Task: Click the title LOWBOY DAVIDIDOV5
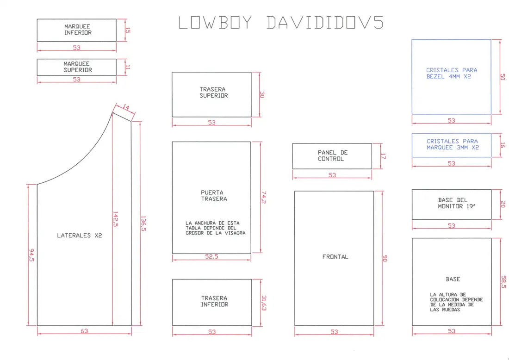point(281,23)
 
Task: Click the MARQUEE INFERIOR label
point(78,30)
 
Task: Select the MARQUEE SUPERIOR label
point(78,67)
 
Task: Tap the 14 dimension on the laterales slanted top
point(126,107)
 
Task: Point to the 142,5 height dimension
point(115,219)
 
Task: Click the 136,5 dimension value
point(143,223)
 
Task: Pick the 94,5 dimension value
point(32,255)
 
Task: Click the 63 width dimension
point(84,331)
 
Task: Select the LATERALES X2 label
point(80,236)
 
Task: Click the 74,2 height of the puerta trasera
point(264,198)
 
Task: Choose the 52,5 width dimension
point(211,256)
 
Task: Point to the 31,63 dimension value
point(264,303)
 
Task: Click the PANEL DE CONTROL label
point(332,155)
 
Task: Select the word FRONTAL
point(335,257)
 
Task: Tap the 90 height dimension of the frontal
point(385,258)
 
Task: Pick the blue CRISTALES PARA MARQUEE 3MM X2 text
point(453,144)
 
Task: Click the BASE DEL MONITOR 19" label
point(453,203)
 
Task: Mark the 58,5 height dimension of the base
point(503,282)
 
